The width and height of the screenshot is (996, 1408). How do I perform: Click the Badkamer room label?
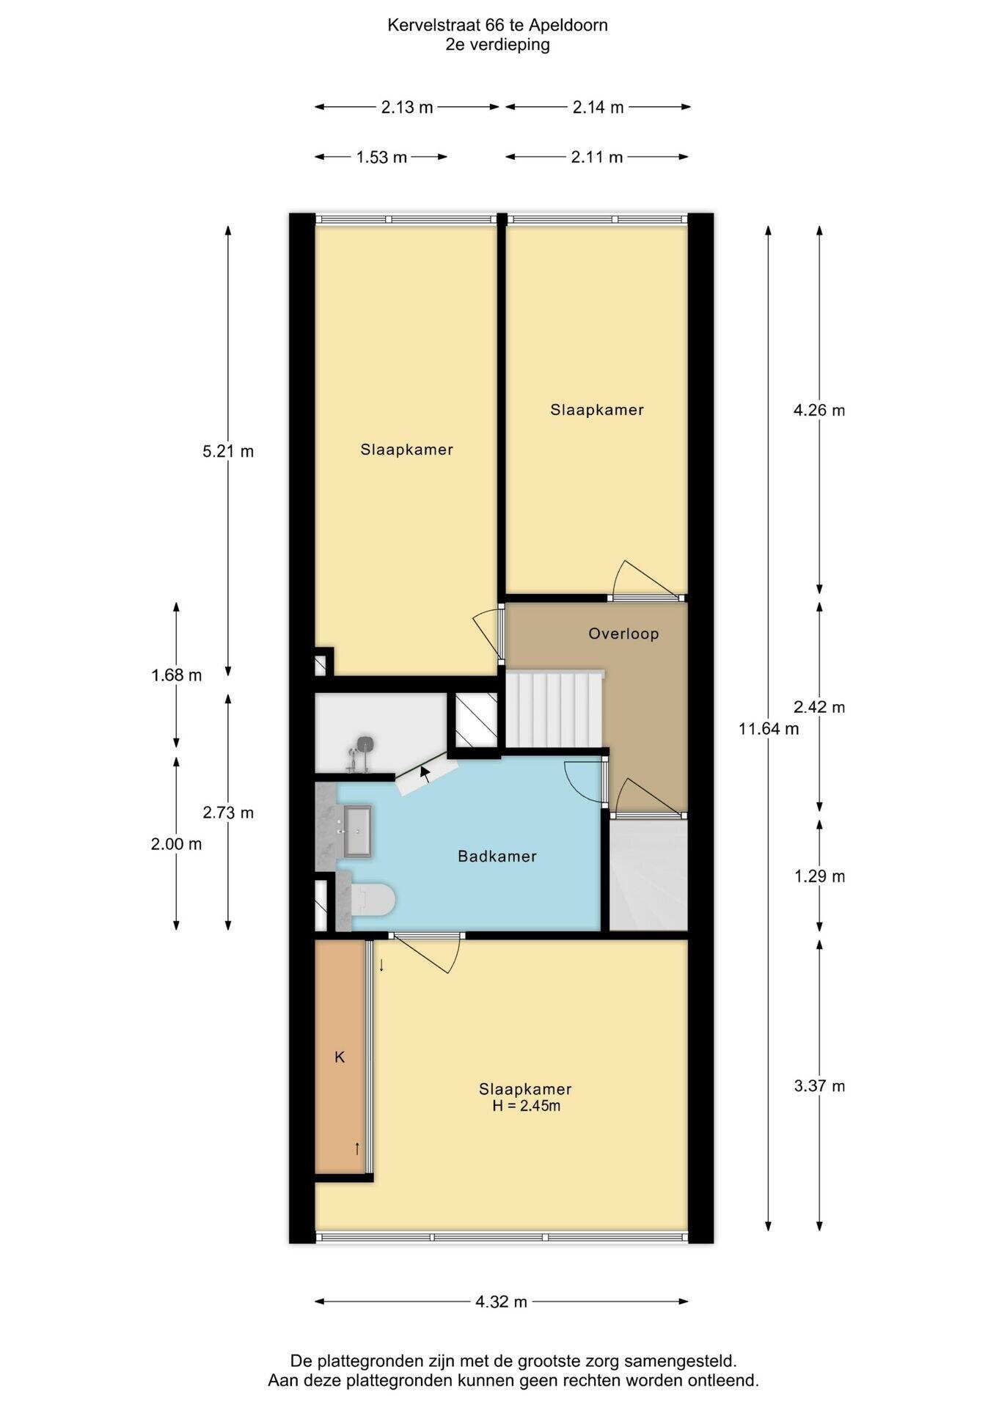pos(497,856)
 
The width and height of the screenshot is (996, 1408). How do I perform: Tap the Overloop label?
pos(623,634)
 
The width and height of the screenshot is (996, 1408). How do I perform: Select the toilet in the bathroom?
pos(373,900)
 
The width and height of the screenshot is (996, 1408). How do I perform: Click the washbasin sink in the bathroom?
pos(357,832)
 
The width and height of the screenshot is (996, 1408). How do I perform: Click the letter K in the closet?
pos(340,1057)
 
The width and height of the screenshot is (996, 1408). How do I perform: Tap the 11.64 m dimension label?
pos(769,729)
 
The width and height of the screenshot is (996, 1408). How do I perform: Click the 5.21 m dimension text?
pos(228,451)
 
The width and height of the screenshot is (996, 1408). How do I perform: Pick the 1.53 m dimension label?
pos(381,157)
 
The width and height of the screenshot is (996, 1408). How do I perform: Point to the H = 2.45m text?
pos(526,1106)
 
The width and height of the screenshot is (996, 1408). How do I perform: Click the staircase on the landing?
pos(554,708)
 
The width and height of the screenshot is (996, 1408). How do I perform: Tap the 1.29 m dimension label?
pos(819,876)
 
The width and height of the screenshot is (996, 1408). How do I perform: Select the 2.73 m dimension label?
pos(228,813)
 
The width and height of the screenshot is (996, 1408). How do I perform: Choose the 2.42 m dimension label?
pos(819,707)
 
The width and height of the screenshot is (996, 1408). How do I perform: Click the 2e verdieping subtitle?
pos(497,45)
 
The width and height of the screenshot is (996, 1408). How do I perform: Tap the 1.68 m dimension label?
pos(177,675)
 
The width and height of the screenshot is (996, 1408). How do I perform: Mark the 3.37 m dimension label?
pos(819,1086)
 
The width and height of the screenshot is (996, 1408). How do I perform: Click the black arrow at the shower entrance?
pos(425,771)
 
